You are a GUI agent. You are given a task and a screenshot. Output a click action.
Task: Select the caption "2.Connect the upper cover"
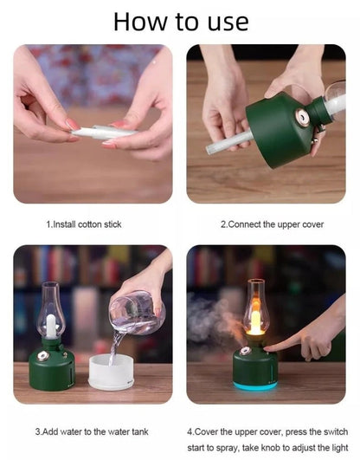(272, 224)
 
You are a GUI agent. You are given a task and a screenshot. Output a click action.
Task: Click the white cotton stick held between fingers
(100, 133)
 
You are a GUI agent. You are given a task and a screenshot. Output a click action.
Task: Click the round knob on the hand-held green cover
(300, 114)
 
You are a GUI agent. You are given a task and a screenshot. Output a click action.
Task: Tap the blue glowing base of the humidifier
(255, 385)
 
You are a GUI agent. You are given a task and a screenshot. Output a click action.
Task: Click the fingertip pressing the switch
(269, 347)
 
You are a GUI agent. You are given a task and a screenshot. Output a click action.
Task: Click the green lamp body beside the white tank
(52, 367)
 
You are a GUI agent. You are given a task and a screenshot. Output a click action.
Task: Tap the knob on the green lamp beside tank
(40, 356)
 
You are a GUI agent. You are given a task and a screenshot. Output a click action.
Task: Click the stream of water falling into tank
(116, 345)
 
